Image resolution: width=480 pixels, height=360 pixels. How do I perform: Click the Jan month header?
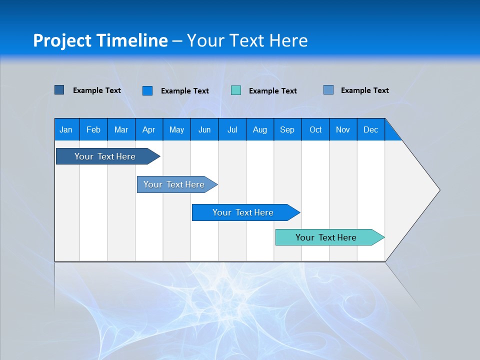click(x=66, y=129)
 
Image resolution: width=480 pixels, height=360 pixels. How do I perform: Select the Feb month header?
click(x=93, y=129)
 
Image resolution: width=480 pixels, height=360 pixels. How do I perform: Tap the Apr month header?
click(x=148, y=129)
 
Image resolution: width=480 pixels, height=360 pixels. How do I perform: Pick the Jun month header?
click(x=204, y=129)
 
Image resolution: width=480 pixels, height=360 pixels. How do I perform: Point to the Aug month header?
click(x=259, y=129)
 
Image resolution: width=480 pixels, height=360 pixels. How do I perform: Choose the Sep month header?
click(x=287, y=129)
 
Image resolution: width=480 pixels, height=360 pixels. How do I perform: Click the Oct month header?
click(x=315, y=129)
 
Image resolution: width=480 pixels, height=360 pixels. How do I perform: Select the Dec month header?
click(x=370, y=129)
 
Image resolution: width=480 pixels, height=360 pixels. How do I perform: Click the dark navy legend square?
click(x=59, y=90)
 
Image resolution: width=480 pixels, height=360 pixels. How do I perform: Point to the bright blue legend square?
click(x=147, y=90)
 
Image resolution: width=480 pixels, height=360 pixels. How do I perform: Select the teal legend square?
click(x=236, y=90)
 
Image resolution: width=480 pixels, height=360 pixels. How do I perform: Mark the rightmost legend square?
click(x=328, y=90)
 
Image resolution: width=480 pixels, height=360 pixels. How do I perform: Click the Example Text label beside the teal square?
click(x=272, y=90)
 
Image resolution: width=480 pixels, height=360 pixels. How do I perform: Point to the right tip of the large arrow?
click(x=439, y=190)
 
